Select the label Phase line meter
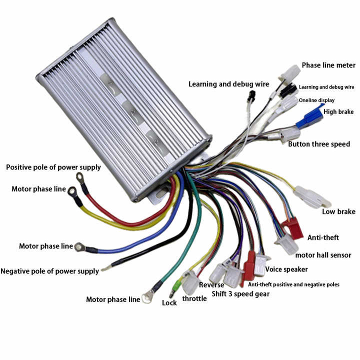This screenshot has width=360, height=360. coord(328,65)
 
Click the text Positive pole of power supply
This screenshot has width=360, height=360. coord(53,167)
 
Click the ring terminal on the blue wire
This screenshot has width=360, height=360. coord(79,247)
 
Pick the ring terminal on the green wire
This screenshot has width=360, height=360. coord(147,297)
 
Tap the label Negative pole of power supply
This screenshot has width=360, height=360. coord(50,271)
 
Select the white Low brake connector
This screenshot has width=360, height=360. coord(312,197)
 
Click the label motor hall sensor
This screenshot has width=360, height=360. coord(323,255)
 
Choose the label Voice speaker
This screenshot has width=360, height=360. coord(286,269)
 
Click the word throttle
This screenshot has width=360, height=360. coord(194,298)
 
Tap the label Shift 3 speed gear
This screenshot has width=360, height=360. coord(240,294)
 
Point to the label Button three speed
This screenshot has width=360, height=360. coord(319,144)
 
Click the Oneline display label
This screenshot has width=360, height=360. coord(316,100)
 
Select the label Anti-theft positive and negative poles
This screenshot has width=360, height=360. coord(293,284)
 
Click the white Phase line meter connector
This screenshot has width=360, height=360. coord(290,73)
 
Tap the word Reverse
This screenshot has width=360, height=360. coord(211,285)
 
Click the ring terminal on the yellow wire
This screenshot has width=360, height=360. coord(72,191)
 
